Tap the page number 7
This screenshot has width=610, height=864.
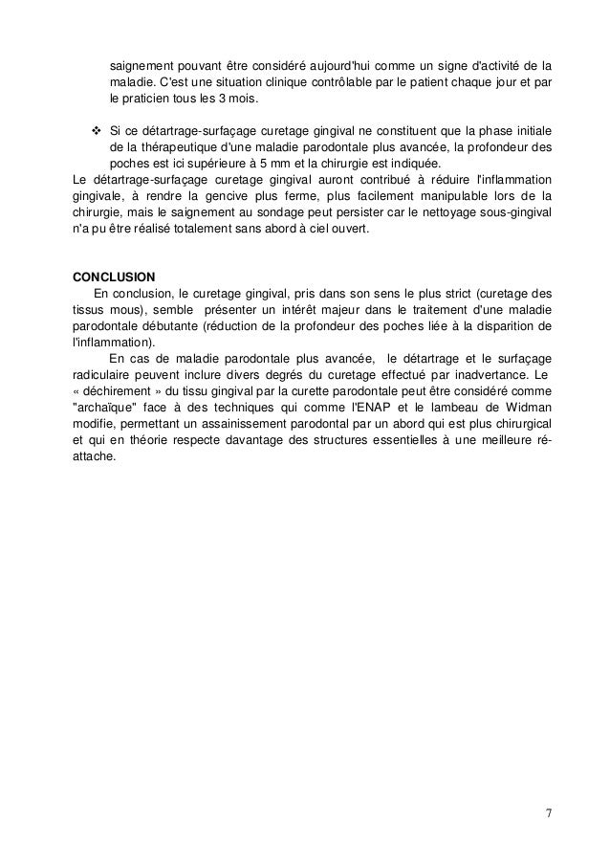(548, 814)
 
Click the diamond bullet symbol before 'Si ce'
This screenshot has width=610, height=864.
(95, 129)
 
